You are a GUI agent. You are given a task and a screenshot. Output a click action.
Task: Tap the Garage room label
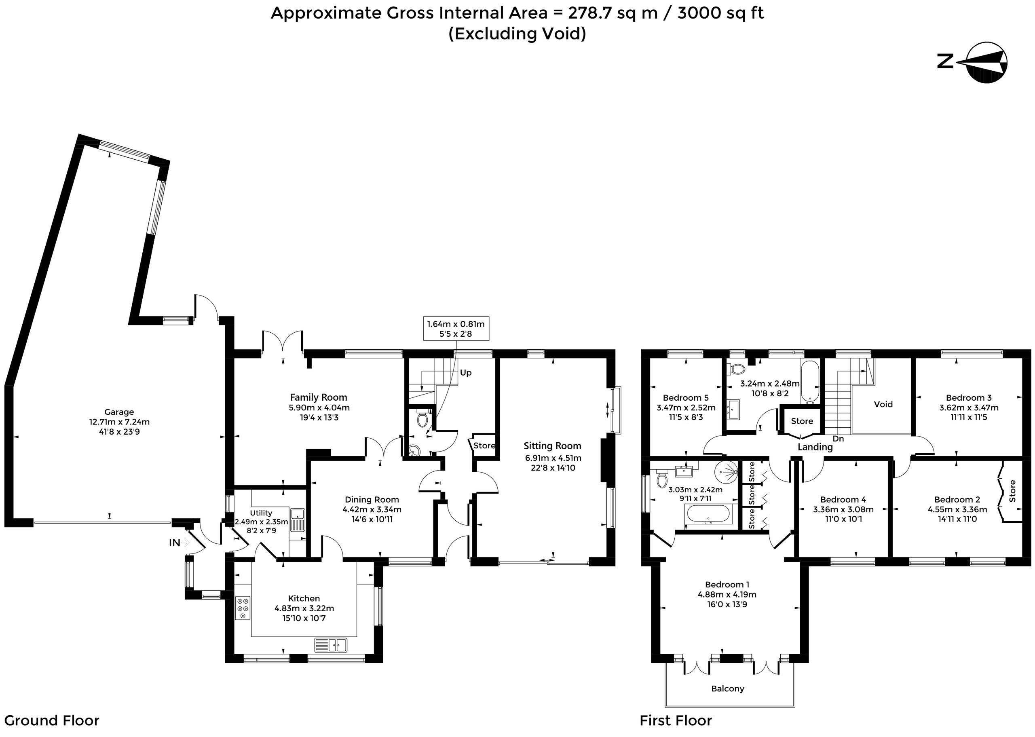[x=119, y=412]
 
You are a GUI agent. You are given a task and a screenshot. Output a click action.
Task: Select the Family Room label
[x=319, y=397]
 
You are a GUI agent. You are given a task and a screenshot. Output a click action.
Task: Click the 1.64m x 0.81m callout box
[x=456, y=329]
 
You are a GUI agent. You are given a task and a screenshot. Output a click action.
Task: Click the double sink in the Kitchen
[x=331, y=644]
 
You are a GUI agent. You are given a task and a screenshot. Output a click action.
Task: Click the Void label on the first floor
[x=883, y=404]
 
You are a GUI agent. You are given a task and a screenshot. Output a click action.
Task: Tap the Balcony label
[x=727, y=689]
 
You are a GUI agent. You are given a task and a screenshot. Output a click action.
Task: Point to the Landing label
[x=815, y=447]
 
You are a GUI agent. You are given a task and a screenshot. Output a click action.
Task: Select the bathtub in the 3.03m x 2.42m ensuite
[x=708, y=514]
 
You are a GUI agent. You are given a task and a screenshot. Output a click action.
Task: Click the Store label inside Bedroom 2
[x=1012, y=491]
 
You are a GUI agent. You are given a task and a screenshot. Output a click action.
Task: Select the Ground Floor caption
[x=52, y=721]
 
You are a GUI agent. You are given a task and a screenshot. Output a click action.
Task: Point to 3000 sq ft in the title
[x=720, y=13]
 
